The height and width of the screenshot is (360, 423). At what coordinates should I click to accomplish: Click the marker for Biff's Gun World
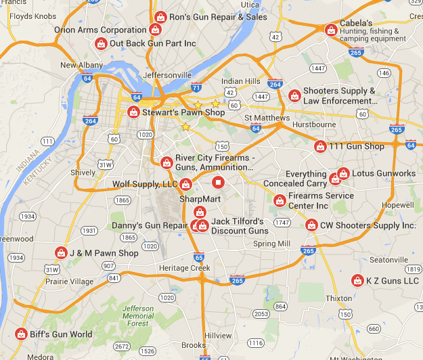pyautogui.click(x=21, y=334)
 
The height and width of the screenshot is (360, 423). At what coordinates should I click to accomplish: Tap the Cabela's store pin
pyautogui.click(x=331, y=30)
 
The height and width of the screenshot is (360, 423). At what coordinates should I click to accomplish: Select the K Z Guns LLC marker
pyautogui.click(x=357, y=280)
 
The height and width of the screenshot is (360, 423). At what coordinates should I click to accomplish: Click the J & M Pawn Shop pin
pyautogui.click(x=60, y=253)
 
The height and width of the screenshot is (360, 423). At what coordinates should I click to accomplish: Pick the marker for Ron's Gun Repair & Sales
pyautogui.click(x=160, y=17)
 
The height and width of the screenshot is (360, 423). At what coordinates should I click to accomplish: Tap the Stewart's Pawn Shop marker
pyautogui.click(x=133, y=112)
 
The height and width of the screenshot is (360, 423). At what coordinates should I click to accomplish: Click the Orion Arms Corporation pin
pyautogui.click(x=155, y=30)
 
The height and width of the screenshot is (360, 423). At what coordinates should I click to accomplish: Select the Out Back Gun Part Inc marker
pyautogui.click(x=101, y=43)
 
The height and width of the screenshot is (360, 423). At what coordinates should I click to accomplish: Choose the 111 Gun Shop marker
pyautogui.click(x=320, y=146)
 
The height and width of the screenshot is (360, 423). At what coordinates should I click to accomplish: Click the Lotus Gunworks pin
pyautogui.click(x=343, y=173)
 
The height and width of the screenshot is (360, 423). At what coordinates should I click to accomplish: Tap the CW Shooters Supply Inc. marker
pyautogui.click(x=311, y=225)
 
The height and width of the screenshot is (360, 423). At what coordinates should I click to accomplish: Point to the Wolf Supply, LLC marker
pyautogui.click(x=185, y=184)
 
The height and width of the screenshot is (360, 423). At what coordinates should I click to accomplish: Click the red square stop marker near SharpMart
pyautogui.click(x=218, y=182)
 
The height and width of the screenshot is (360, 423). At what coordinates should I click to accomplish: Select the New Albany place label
pyautogui.click(x=81, y=65)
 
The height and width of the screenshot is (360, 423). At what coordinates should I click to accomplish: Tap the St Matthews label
pyautogui.click(x=267, y=118)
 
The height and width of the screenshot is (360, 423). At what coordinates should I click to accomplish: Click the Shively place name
pyautogui.click(x=83, y=173)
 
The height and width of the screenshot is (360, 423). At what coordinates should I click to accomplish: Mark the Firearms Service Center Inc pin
pyautogui.click(x=279, y=200)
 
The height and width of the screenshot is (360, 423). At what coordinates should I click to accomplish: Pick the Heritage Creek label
pyautogui.click(x=185, y=268)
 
